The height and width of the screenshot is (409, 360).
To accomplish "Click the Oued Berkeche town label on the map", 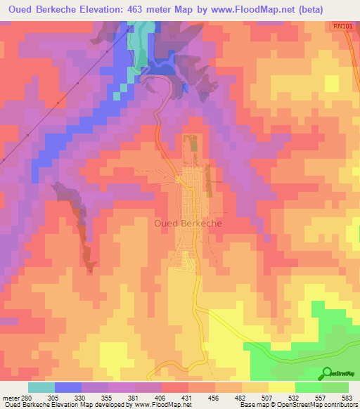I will (x=187, y=223).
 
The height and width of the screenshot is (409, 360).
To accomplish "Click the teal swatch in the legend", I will (x=41, y=387).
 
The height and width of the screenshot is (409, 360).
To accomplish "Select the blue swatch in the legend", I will (x=67, y=387).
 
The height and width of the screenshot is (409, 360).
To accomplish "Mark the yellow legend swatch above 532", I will (x=281, y=387).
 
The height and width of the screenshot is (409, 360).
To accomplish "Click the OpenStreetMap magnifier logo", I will (x=326, y=373).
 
